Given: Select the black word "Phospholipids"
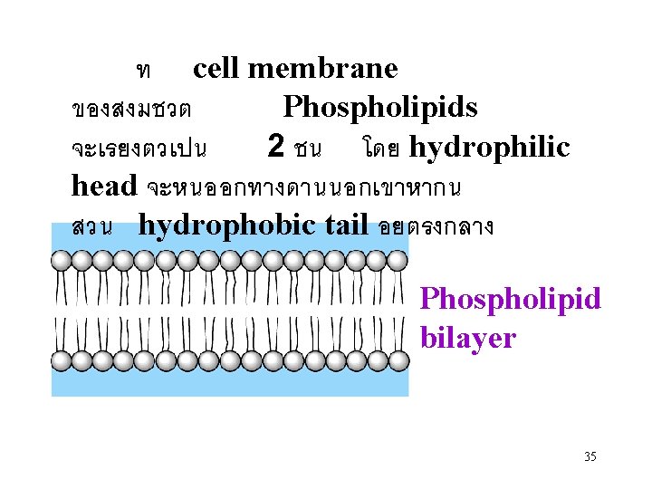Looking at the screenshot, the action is point(380,108).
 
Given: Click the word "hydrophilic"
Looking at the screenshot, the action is point(490,148).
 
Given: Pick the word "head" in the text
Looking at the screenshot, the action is point(103,186).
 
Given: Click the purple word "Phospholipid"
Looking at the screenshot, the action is point(511,298).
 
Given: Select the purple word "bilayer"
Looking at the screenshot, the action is point(467,339).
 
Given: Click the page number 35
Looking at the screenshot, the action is point(590,456).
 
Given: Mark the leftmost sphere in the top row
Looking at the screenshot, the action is point(62,262).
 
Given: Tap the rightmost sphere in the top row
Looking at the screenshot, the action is point(397,262).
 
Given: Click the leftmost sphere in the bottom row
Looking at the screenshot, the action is point(62,360).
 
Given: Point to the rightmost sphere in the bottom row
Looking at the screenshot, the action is point(397,360).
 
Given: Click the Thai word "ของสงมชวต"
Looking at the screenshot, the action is point(130,110).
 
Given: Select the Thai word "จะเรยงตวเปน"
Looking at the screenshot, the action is point(139,149).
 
